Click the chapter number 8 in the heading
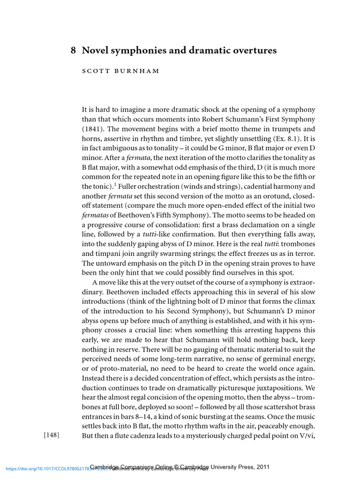(x=73, y=50)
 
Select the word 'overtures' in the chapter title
(x=254, y=50)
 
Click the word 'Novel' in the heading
(x=95, y=50)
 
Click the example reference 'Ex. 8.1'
(x=285, y=139)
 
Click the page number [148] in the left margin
(x=52, y=435)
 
